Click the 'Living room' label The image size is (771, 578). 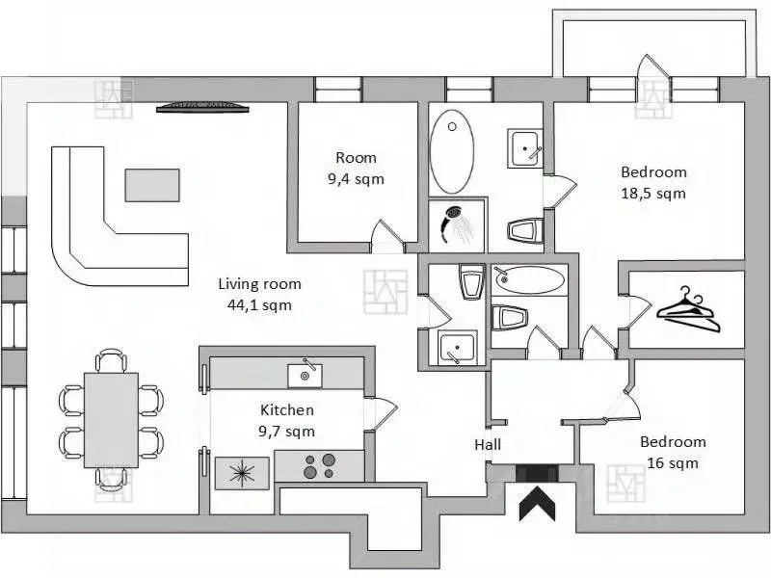click(x=259, y=284)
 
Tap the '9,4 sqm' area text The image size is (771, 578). click(x=356, y=179)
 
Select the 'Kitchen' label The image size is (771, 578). click(x=287, y=410)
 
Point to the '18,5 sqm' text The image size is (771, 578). click(x=653, y=194)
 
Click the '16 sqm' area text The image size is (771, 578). click(x=673, y=463)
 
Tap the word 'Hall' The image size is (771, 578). click(x=488, y=445)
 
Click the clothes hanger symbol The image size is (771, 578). click(x=688, y=309)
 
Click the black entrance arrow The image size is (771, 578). click(x=538, y=503)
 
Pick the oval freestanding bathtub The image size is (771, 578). click(x=452, y=152)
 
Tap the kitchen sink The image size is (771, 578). click(x=305, y=376)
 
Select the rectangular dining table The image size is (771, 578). click(x=111, y=420)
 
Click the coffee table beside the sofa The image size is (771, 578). click(x=152, y=185)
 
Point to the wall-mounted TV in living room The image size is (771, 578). click(x=202, y=107)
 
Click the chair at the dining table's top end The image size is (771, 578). click(x=111, y=360)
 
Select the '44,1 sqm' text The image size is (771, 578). click(x=259, y=305)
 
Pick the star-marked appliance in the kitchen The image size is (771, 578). click(x=243, y=473)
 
